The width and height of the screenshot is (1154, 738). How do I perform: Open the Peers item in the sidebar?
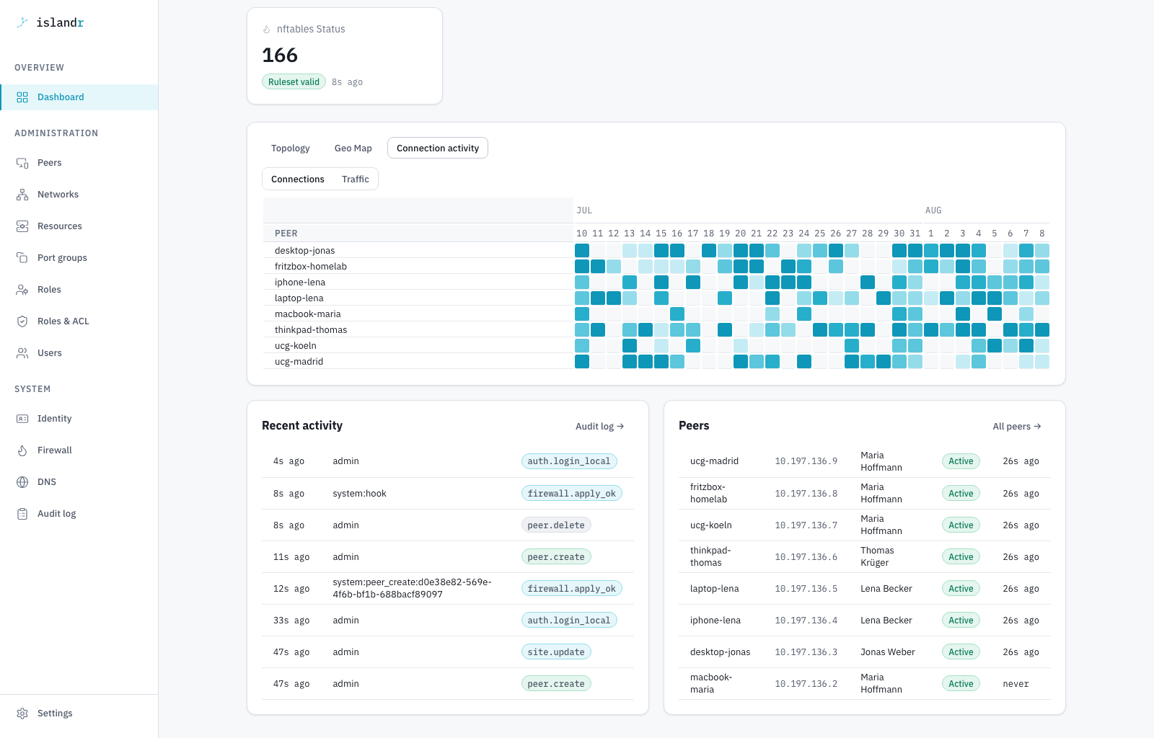49,163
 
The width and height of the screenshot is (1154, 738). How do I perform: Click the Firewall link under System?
54,450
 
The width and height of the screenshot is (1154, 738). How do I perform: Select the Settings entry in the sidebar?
55,713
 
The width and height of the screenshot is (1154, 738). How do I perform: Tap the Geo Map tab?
353,148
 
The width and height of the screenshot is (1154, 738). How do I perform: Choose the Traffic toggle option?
355,179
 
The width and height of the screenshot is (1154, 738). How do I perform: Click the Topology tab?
290,148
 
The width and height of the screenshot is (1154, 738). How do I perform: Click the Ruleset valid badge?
294,82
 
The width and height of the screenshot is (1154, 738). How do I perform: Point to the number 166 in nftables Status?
280,55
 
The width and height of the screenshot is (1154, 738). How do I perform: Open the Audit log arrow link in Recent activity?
599,426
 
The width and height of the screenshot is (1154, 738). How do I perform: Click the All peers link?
1017,426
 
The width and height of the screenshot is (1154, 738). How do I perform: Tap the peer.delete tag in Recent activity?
556,525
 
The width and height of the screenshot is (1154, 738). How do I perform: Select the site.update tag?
556,652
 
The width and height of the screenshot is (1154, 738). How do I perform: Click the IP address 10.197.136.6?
806,557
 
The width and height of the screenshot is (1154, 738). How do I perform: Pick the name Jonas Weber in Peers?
887,652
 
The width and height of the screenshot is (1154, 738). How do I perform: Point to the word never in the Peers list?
1016,684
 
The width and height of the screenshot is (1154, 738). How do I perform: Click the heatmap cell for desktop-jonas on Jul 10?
581,251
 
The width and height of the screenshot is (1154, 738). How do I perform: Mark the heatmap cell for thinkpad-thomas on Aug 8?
1041,330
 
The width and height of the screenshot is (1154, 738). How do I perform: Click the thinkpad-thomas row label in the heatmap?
311,330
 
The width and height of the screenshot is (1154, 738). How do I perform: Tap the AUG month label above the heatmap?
933,210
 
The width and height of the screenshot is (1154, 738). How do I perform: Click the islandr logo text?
60,22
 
